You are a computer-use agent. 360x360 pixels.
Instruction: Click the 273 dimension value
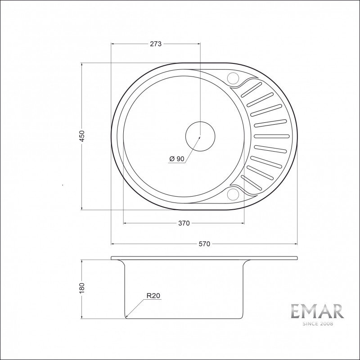(156, 44)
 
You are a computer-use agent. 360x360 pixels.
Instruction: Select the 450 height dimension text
(82, 136)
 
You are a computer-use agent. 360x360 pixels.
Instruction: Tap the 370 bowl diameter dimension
(184, 223)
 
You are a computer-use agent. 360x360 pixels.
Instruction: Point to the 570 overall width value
(204, 244)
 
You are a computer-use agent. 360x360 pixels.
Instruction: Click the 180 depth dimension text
(82, 288)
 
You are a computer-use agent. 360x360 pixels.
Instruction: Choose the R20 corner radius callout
(153, 296)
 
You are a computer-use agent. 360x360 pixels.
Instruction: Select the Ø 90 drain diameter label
(177, 159)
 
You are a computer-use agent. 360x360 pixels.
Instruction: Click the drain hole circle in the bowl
(200, 136)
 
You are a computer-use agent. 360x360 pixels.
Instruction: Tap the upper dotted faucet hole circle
(233, 78)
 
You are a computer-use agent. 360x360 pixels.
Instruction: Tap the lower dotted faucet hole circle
(233, 194)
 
